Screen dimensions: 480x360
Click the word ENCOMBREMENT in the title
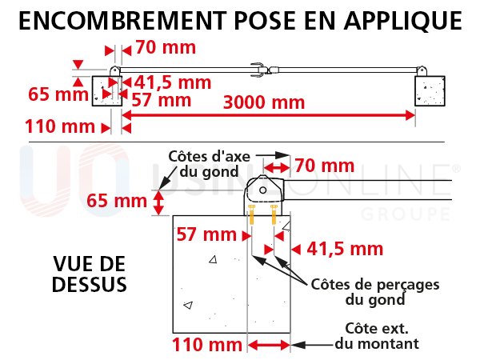point(122,21)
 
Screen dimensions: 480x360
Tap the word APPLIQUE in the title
point(403,22)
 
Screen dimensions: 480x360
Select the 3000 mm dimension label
point(264,102)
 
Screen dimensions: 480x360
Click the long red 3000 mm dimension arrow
point(269,115)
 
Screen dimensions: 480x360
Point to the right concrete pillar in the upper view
point(430,91)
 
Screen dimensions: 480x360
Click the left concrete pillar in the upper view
point(107,91)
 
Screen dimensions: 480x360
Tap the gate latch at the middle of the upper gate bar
point(264,70)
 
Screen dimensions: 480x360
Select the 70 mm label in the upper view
point(166,47)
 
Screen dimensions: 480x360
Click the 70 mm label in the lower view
point(325,166)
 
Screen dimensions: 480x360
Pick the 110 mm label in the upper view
point(60,126)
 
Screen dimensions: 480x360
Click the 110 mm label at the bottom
point(207,345)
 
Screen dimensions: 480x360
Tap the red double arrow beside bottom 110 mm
point(269,346)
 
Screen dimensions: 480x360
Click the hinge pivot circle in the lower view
point(262,190)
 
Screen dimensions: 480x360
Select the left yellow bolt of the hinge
point(251,214)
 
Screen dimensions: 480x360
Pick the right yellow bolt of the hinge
point(274,214)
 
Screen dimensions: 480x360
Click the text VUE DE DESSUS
point(90,274)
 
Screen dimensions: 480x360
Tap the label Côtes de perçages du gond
point(375,292)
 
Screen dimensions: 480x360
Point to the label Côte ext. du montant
point(377,336)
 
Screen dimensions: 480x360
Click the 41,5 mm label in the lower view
point(345,249)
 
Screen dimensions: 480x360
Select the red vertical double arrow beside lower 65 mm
point(158,202)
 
